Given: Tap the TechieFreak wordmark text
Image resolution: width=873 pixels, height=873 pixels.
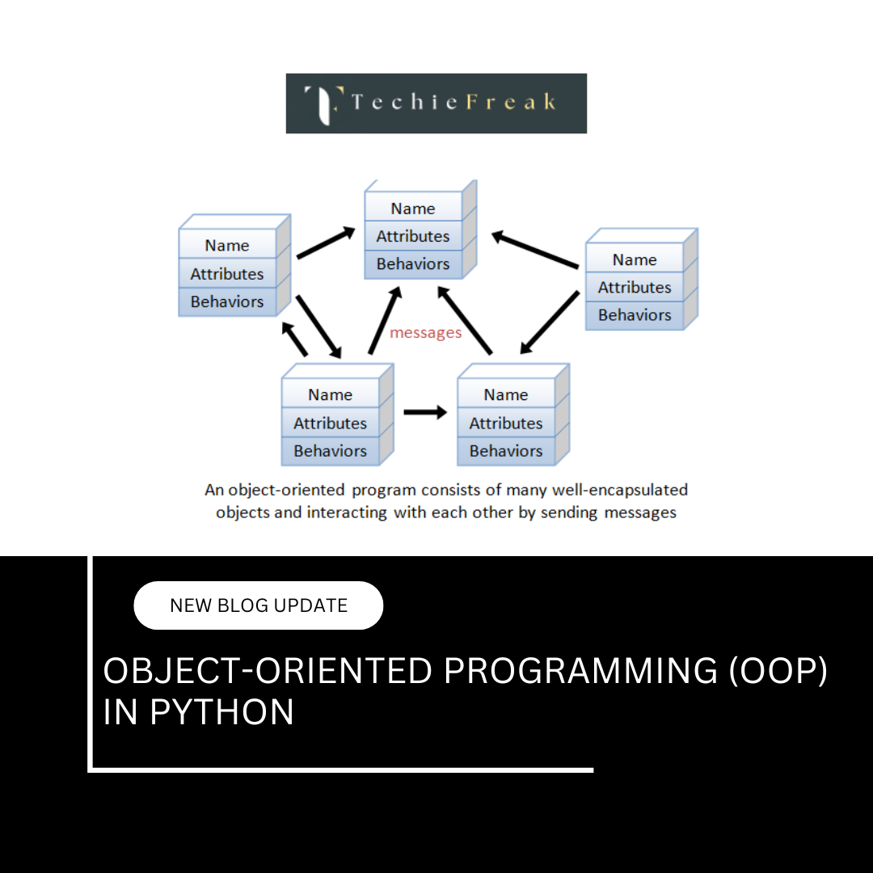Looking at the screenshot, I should coord(453,102).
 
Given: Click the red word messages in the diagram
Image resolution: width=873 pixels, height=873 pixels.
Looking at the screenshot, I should coord(425,333).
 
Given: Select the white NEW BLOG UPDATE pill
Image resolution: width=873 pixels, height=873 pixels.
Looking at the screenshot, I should coord(258,605).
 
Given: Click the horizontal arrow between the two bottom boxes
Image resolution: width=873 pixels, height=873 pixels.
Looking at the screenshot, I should coord(425,412).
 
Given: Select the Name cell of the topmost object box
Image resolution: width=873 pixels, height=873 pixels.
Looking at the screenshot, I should coord(413,209).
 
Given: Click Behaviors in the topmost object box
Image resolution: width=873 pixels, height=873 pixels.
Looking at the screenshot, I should coord(413,264).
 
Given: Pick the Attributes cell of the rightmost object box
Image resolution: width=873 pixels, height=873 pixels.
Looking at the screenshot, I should coord(635,287).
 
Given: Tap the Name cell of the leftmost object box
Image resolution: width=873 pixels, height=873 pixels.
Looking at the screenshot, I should coord(227,246).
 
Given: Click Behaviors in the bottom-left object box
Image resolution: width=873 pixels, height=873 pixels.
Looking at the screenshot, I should coord(330,451).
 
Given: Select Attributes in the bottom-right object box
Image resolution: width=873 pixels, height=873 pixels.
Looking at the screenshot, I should coord(506,423).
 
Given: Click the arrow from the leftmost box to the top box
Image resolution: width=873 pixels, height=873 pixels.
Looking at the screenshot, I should coord(326,242).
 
